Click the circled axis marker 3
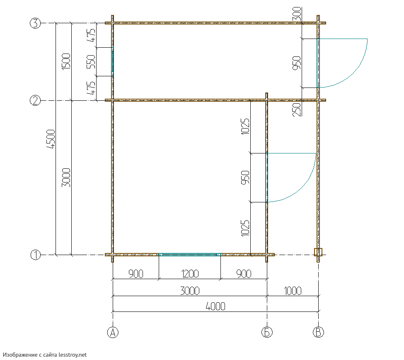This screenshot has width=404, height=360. [x=35, y=23]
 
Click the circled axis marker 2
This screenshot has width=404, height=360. [x=35, y=100]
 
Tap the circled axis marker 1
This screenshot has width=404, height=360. [x=36, y=255]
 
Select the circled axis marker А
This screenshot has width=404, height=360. [x=113, y=332]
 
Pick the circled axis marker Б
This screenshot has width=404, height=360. [x=267, y=332]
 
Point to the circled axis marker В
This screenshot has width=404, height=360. [x=319, y=332]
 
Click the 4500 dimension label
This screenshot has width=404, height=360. [x=51, y=139]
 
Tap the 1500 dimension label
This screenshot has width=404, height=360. [x=66, y=61]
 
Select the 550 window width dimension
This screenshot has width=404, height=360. [x=91, y=62]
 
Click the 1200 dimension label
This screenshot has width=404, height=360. [x=190, y=274]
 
